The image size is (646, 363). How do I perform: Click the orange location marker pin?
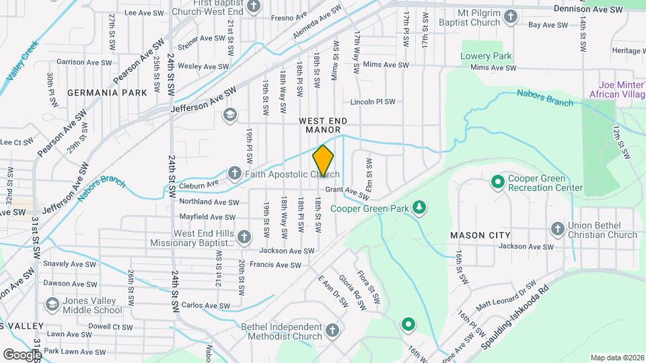pos(323,161)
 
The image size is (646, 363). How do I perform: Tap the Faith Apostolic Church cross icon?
pos(234,174)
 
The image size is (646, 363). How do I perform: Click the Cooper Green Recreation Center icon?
pos(497,182)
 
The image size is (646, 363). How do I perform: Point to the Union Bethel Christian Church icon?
pos(557,229)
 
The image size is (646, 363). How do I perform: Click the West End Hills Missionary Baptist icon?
pos(244,237)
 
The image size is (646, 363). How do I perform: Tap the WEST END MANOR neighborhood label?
pos(325,124)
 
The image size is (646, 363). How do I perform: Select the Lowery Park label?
pos(486,56)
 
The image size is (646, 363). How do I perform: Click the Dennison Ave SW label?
pos(587,9)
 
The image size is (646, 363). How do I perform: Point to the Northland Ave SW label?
pos(207,202)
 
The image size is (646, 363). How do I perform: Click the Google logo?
pos(22,354)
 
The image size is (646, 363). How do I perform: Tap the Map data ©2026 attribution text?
pos(616,358)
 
